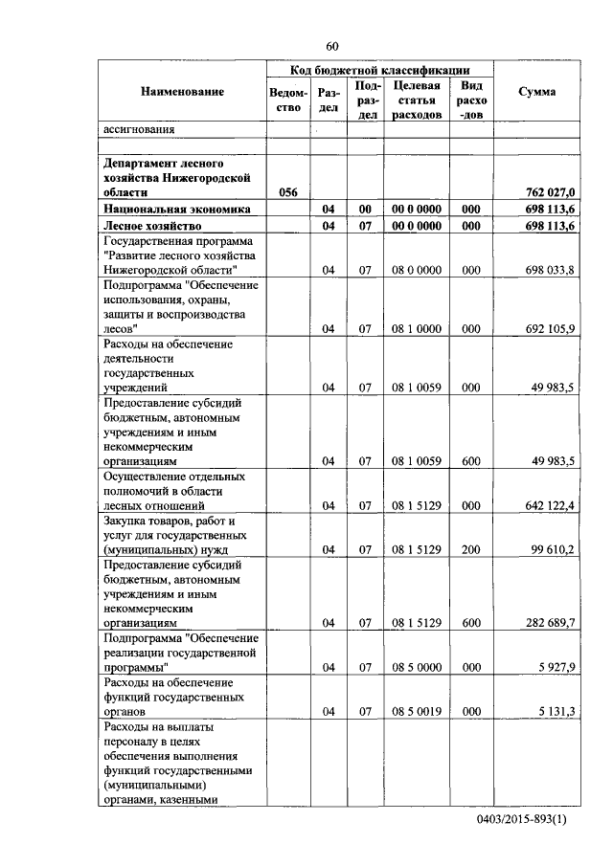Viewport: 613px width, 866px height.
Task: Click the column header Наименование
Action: pyautogui.click(x=182, y=92)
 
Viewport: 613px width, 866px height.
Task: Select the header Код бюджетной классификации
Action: pyautogui.click(x=380, y=70)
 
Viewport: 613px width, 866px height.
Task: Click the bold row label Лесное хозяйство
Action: pyautogui.click(x=155, y=226)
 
